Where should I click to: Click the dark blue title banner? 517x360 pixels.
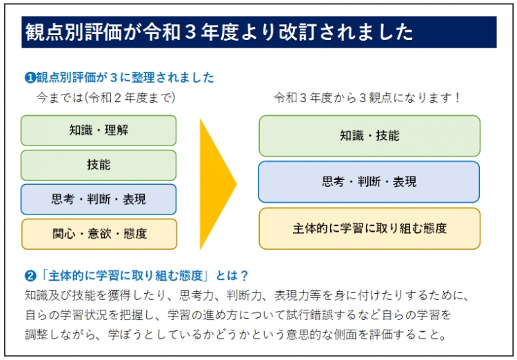tap(258, 32)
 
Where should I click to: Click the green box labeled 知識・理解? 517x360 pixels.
tap(99, 130)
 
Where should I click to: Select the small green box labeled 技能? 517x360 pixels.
tap(99, 165)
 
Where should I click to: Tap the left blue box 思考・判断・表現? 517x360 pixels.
tap(99, 199)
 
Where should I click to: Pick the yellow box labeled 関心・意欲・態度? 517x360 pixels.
tap(99, 234)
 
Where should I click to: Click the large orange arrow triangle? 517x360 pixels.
tap(216, 183)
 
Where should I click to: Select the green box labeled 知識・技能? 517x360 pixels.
tap(369, 136)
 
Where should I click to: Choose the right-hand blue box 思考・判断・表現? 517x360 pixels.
tap(369, 182)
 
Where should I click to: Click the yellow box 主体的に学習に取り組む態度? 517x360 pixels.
tap(369, 228)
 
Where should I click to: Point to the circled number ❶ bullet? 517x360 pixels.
tap(30, 77)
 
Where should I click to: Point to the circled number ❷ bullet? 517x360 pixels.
tap(30, 276)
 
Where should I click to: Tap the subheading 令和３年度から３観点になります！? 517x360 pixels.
tap(367, 97)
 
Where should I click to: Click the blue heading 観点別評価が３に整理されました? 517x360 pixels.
tap(125, 77)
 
